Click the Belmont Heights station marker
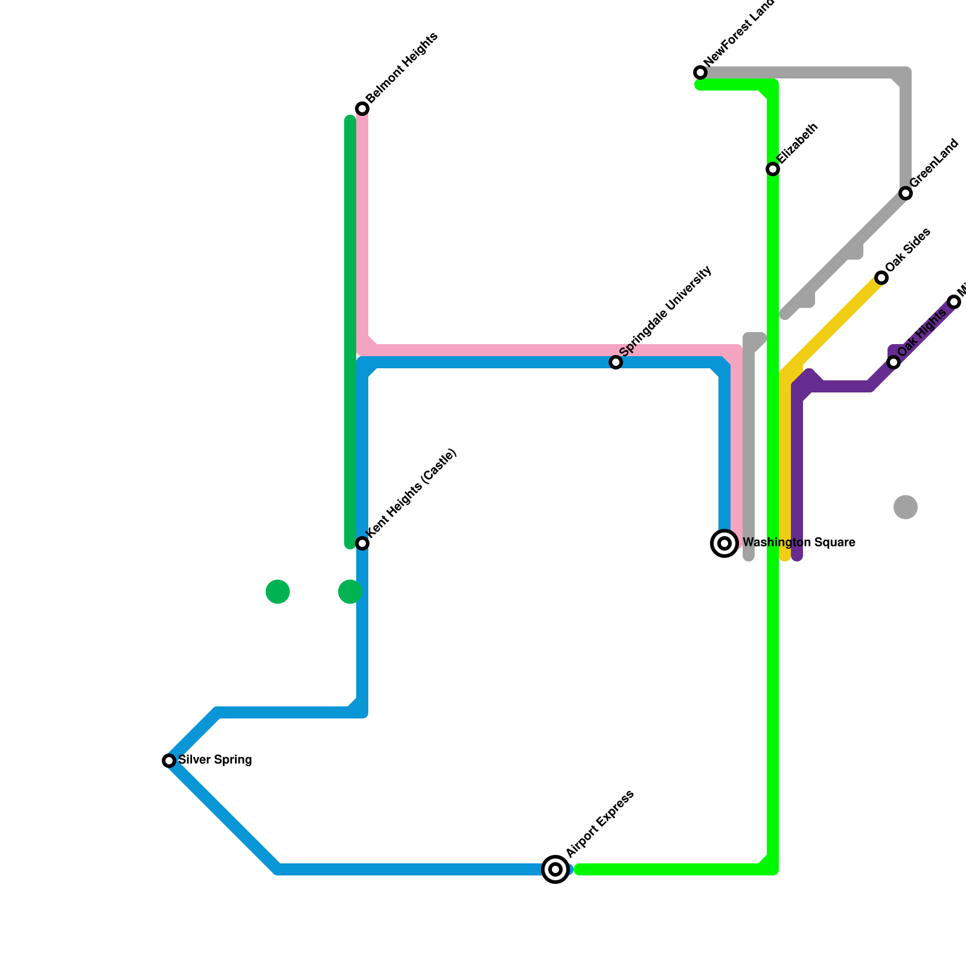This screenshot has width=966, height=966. [362, 109]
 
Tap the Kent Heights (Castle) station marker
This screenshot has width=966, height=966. [362, 543]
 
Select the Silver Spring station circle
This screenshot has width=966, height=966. [169, 761]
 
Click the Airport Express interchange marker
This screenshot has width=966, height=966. [555, 869]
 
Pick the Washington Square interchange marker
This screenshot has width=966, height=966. [724, 543]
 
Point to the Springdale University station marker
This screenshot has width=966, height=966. [616, 362]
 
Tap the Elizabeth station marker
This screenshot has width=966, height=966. [773, 169]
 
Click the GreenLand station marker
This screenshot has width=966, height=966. [906, 193]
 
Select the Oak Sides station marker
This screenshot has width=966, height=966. [881, 278]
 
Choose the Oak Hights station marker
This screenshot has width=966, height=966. [894, 362]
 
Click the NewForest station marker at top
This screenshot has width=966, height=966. [700, 72]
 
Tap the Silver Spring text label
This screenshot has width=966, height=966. [215, 760]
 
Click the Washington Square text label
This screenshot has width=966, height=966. [798, 543]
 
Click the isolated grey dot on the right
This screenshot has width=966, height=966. [906, 507]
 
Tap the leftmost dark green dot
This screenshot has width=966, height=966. [278, 592]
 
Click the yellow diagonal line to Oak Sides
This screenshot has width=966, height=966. [833, 325]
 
